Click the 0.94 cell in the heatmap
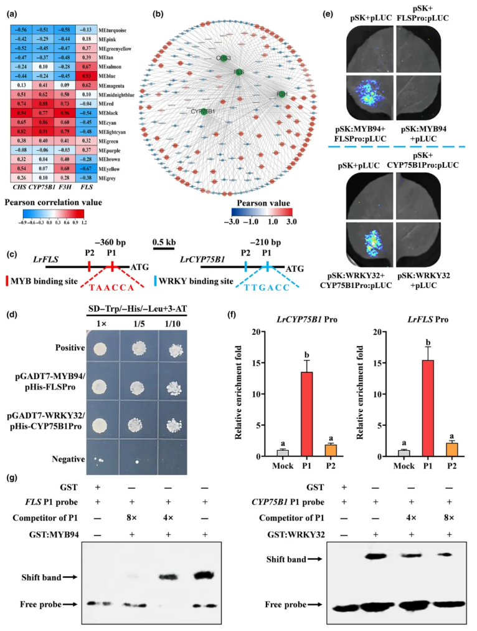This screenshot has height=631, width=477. [23, 113]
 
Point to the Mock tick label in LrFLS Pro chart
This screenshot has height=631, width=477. [384, 465]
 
